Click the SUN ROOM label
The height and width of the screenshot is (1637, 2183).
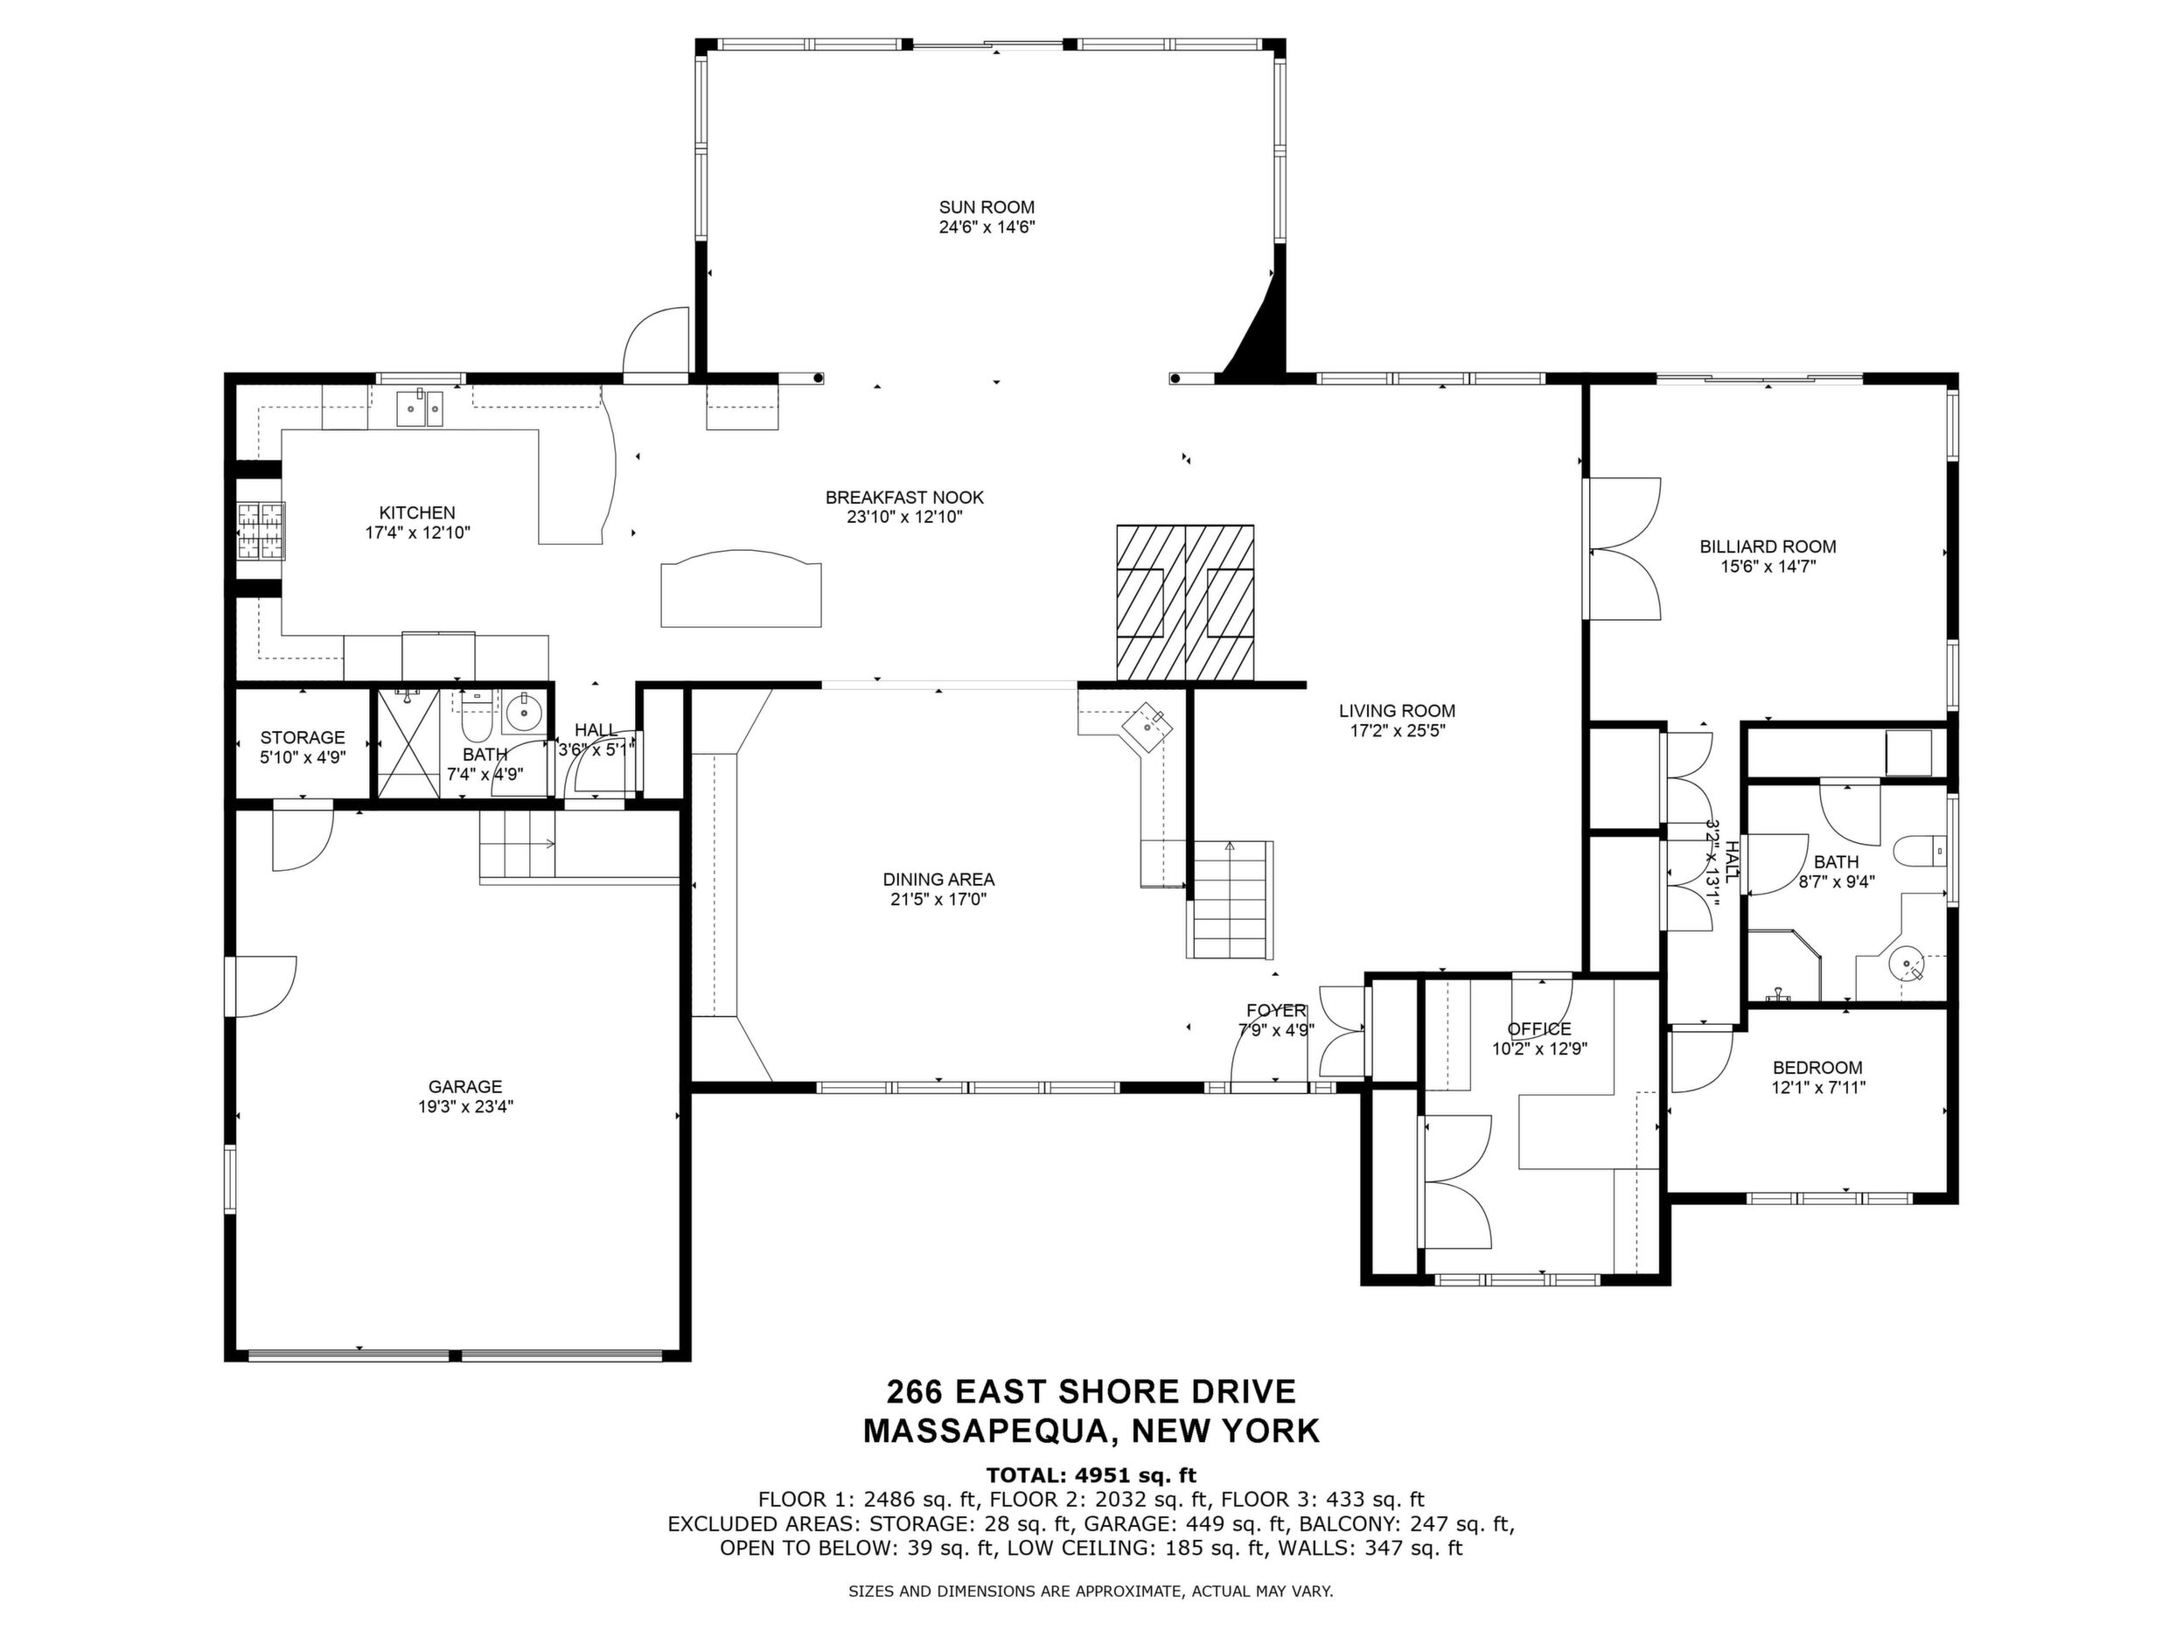tap(986, 207)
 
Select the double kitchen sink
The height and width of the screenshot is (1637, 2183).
tap(421, 408)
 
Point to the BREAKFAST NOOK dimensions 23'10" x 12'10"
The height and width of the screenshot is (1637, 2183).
tap(904, 517)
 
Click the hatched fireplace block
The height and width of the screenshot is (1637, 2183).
tap(1185, 603)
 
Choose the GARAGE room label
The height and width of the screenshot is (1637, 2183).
tap(464, 1086)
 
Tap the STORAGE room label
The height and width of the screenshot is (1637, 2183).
tap(302, 737)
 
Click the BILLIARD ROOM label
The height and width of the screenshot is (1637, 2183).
tap(1768, 547)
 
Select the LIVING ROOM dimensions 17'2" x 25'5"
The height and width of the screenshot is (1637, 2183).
tap(1397, 731)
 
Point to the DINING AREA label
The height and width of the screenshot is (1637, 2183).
tap(938, 879)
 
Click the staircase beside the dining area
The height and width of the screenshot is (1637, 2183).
tap(1229, 899)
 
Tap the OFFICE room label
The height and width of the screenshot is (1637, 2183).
tap(1538, 1029)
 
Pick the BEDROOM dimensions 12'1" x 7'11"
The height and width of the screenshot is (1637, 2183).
tap(1817, 1087)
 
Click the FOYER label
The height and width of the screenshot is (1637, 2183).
tap(1276, 1010)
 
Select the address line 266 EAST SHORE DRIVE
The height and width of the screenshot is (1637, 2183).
tap(1091, 1391)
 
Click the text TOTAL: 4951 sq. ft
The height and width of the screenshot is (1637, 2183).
tap(1091, 1475)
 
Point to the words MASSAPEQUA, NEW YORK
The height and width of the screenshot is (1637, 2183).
tap(1091, 1431)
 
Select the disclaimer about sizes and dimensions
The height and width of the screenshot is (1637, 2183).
tap(1091, 1592)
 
